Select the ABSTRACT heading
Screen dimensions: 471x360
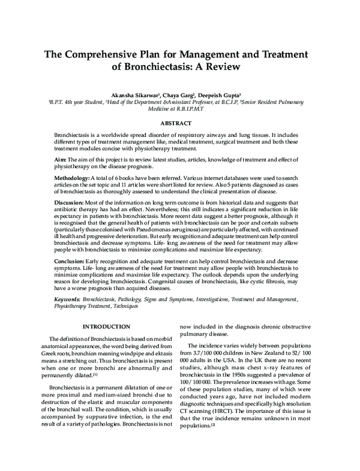pos(179,124)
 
